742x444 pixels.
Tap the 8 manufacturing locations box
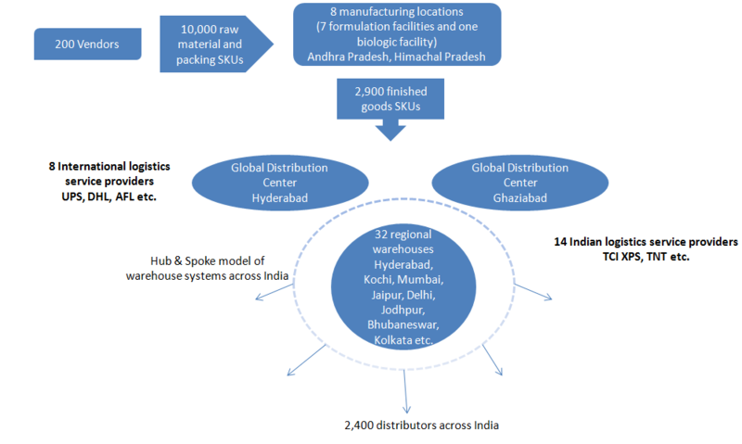tap(397, 34)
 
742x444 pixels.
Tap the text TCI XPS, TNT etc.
tap(640, 256)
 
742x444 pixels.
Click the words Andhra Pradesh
tap(344, 57)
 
